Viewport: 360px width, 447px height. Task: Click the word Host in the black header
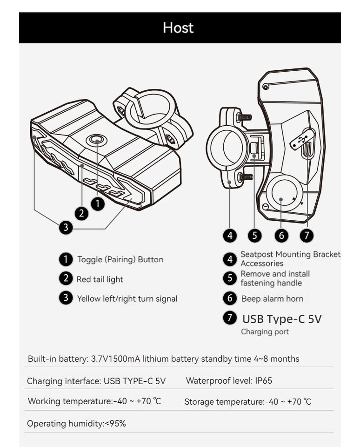[178, 28]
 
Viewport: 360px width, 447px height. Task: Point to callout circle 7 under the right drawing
[306, 236]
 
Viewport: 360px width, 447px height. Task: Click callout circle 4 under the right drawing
[230, 236]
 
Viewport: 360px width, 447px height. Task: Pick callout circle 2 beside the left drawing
[82, 214]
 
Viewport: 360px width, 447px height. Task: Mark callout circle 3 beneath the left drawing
[66, 227]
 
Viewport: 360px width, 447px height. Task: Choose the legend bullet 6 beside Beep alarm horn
[230, 298]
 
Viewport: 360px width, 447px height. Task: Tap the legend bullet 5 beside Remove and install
[230, 278]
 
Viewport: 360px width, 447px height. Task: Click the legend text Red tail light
[100, 279]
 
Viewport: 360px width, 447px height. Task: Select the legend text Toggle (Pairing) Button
[120, 259]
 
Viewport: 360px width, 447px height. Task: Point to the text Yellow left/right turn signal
[127, 298]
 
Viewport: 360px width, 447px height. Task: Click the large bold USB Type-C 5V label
[281, 319]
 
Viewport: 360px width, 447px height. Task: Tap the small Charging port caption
[265, 332]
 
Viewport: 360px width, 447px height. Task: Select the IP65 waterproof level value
[264, 380]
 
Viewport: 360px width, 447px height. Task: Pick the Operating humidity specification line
[76, 424]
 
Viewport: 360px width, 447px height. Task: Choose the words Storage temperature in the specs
[223, 401]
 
